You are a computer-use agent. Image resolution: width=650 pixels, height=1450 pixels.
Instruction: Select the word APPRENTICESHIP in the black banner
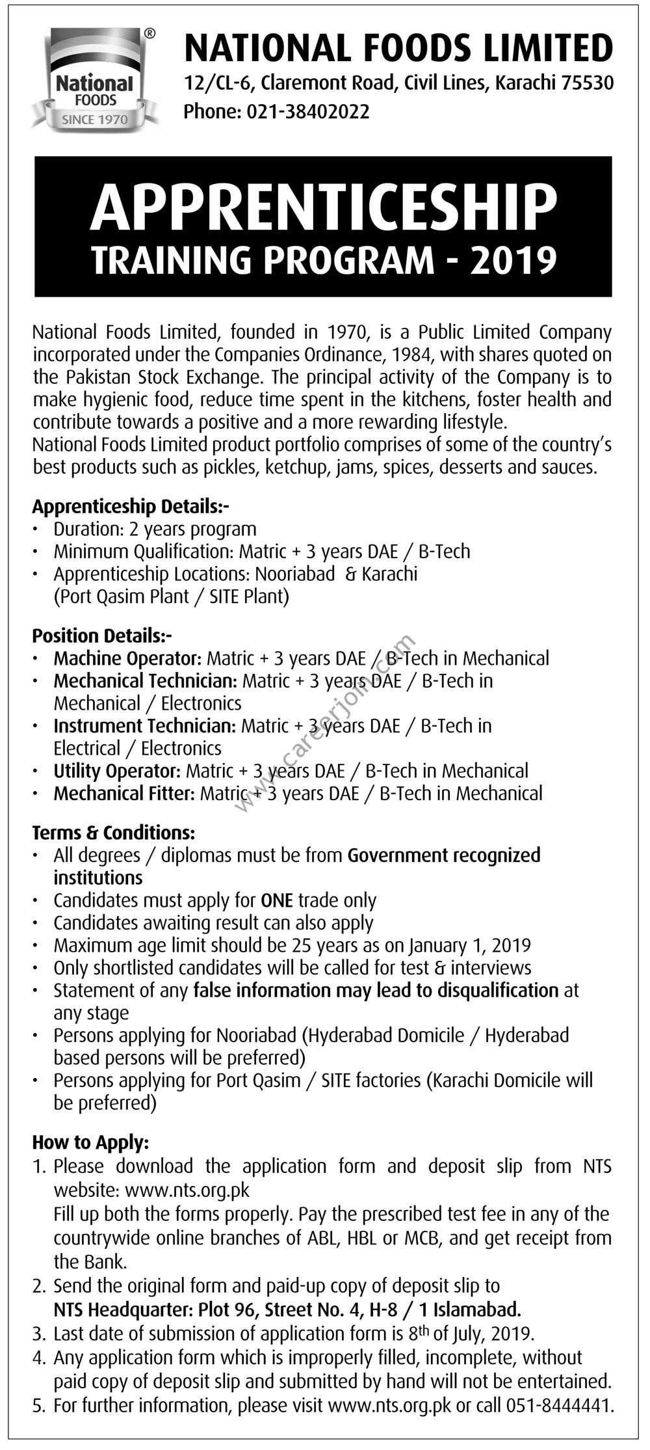(323, 206)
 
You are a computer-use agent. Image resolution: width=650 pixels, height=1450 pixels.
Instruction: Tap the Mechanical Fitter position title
(124, 794)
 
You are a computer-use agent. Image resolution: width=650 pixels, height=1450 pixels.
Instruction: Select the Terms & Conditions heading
(113, 833)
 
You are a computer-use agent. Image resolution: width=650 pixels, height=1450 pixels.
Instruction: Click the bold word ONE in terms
(276, 900)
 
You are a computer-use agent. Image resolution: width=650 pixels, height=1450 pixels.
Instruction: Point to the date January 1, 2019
(470, 945)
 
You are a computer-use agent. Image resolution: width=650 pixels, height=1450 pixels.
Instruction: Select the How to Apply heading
(90, 1142)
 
